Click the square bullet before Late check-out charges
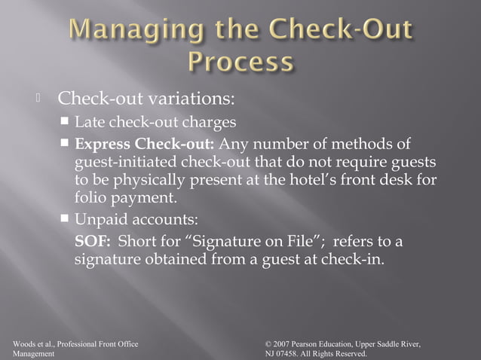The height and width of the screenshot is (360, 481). (66, 121)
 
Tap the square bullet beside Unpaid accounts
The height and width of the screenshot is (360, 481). (66, 220)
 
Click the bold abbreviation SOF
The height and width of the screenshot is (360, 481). (93, 241)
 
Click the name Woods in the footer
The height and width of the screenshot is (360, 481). (24, 344)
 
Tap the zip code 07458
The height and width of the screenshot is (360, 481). (288, 353)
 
